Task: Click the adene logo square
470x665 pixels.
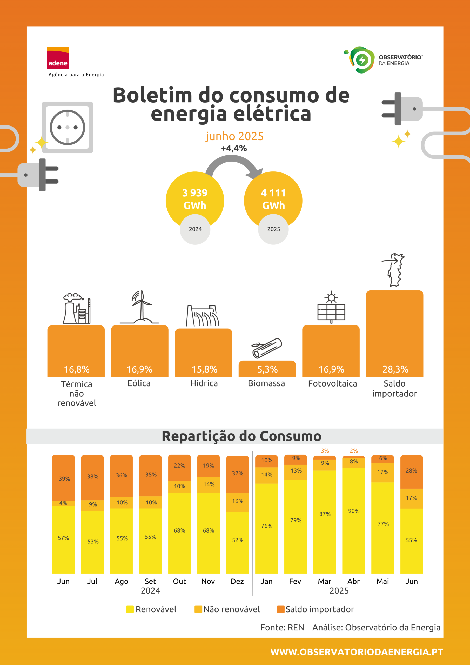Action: [58, 58]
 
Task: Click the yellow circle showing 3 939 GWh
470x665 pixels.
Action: [195, 199]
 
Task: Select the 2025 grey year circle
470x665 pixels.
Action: [273, 229]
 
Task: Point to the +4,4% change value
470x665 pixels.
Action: [234, 148]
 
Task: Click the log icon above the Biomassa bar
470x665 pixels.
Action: [267, 348]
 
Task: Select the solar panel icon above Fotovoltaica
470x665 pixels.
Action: [331, 307]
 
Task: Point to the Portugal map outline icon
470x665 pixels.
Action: [394, 270]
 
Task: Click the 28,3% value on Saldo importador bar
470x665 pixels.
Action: [395, 369]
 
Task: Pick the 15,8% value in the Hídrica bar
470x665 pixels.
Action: [204, 369]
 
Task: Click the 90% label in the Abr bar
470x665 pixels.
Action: [354, 511]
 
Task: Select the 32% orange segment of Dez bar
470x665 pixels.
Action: [237, 474]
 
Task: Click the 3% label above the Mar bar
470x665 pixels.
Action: [325, 451]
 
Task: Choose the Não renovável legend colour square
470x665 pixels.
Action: [198, 609]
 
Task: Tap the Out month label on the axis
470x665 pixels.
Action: [179, 581]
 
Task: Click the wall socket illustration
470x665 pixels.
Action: [68, 128]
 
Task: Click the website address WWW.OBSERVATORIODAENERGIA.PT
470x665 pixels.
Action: [357, 652]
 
